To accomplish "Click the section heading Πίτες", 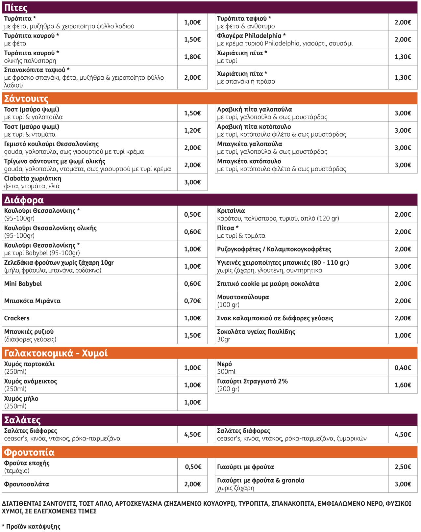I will coord(16,8).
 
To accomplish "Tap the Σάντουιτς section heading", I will coord(26,98).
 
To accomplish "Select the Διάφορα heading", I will coord(24,200).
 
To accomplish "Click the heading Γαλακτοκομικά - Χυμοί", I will coord(56,353).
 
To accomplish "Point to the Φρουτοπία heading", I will coord(29,452).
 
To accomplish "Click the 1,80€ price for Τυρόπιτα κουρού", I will coord(192,57).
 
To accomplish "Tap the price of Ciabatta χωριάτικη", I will coord(192,182).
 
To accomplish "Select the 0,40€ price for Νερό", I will coord(403,368).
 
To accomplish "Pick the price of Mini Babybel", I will coord(192,283).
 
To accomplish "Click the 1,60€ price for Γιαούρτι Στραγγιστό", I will coord(403,385).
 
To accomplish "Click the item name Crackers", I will coord(17,318).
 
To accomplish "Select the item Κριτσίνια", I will coord(231,211).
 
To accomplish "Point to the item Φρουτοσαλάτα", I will coord(27,484).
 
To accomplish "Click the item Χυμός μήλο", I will coord(21,398).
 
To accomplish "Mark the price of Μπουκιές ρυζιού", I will coord(192,335).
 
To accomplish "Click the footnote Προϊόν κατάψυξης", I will coord(33,526).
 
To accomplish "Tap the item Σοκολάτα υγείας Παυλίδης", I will coord(256,332).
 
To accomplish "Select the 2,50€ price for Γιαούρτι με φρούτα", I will coord(403,467).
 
